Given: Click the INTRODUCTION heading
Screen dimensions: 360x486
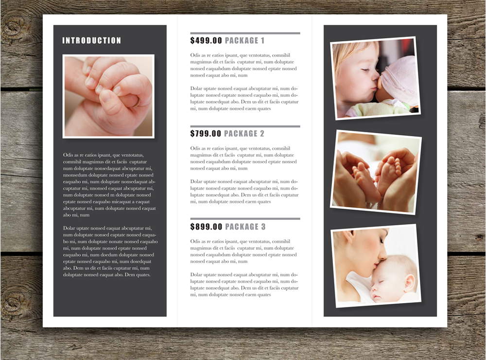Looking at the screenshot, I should coord(91,40).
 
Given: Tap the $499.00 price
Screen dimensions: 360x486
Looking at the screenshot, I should coord(206,40).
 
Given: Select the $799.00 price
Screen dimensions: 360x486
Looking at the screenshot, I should coord(206,133).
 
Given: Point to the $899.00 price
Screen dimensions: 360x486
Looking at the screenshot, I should coord(206,227).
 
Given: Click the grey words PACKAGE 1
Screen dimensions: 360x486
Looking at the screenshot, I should coord(244,40).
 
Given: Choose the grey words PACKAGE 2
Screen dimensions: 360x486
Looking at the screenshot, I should coord(244,133).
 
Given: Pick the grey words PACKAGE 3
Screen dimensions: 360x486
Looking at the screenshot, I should coord(245,227).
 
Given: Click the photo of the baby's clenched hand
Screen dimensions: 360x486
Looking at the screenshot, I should coord(108,96).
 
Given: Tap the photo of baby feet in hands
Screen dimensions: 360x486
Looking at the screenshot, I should coord(376,172).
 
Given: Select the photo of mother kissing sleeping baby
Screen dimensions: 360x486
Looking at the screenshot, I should coord(376,266).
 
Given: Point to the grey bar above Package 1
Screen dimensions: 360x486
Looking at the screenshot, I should coord(245,33).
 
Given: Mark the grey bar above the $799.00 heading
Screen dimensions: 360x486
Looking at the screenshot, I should coord(245,126).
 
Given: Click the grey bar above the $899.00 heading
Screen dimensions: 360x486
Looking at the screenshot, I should coord(245,219).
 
